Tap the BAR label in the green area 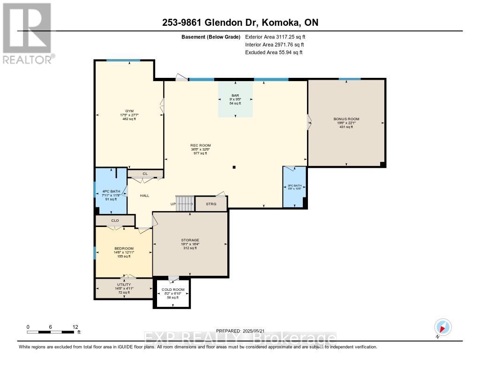(x=235, y=95)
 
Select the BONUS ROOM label (x=346, y=119)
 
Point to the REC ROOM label (x=200, y=145)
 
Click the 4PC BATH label (x=111, y=191)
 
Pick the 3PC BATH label (x=294, y=186)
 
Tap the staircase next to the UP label (x=184, y=204)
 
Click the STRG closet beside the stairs (x=210, y=204)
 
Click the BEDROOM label (x=124, y=249)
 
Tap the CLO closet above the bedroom (x=115, y=220)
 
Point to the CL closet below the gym (x=145, y=174)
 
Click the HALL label (x=144, y=195)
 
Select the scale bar (x=51, y=332)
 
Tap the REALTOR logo (x=27, y=33)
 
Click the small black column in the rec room (x=234, y=167)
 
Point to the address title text (x=240, y=23)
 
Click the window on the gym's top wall (x=123, y=60)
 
